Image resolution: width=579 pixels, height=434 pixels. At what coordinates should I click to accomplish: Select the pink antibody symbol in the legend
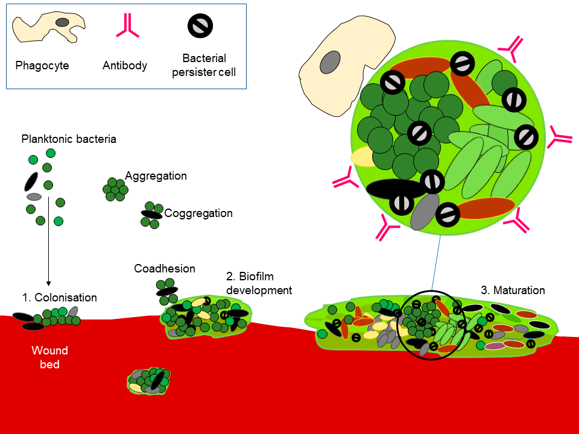tap(127, 27)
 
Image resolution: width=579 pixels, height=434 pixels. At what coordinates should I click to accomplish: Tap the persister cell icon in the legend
tap(200, 26)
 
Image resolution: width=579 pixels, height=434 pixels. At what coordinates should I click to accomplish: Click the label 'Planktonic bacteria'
tap(69, 139)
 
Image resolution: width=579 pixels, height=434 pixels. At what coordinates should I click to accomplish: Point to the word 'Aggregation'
tap(156, 175)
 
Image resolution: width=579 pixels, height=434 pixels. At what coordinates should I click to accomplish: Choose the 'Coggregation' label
tap(198, 213)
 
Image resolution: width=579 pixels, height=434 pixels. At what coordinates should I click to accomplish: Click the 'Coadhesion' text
tap(165, 268)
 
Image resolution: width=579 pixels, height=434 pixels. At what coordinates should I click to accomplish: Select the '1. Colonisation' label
tap(60, 297)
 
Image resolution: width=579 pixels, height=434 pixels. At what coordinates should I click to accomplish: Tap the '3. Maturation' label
tap(513, 291)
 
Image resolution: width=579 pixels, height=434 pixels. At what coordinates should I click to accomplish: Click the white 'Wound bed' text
tap(50, 357)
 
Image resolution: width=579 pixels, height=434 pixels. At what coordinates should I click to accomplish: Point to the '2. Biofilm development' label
tap(259, 283)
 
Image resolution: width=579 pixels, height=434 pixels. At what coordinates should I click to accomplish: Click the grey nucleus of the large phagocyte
tap(330, 62)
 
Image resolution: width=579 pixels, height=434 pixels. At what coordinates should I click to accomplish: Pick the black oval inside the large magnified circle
tap(395, 188)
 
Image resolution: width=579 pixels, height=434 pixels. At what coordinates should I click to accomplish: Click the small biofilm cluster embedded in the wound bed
tap(149, 381)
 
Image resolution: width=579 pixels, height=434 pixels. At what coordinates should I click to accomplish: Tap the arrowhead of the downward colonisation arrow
tap(48, 283)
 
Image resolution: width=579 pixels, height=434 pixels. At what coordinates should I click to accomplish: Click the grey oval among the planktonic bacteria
tap(34, 197)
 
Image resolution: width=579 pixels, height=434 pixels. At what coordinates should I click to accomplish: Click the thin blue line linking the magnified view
tap(436, 262)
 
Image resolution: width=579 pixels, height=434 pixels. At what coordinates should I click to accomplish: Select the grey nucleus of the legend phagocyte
tap(62, 22)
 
